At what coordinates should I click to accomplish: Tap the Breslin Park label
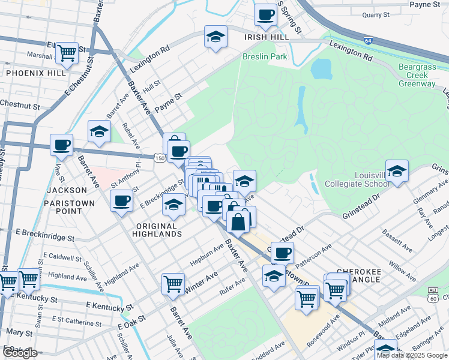tap(265, 57)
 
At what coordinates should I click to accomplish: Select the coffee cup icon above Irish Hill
tap(265, 14)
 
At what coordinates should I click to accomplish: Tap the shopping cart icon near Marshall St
tap(68, 53)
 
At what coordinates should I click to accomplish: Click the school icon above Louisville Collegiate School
tap(397, 171)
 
